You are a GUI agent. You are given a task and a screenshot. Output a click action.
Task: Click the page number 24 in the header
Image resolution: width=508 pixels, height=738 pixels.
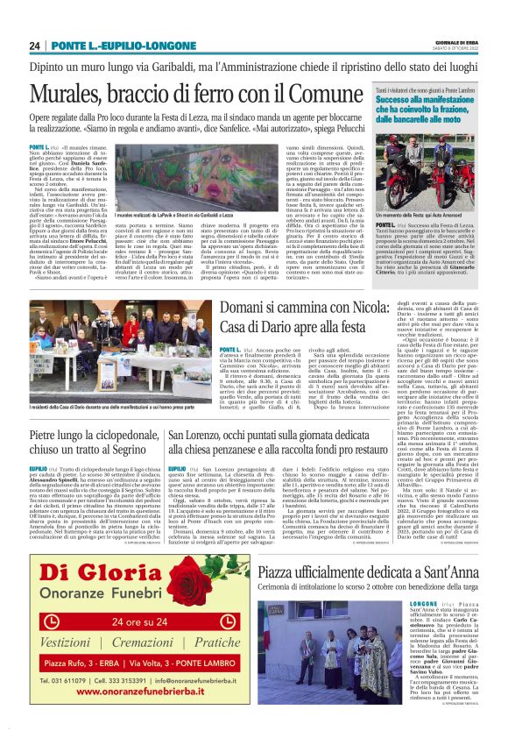(34, 46)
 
